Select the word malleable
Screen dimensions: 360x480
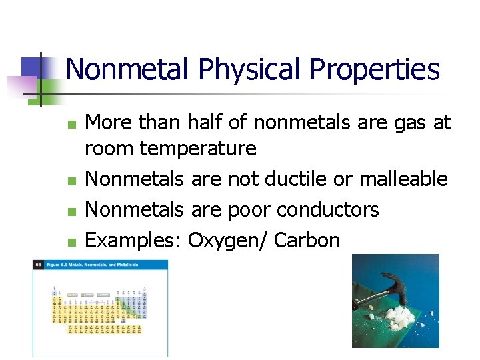click(x=403, y=179)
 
